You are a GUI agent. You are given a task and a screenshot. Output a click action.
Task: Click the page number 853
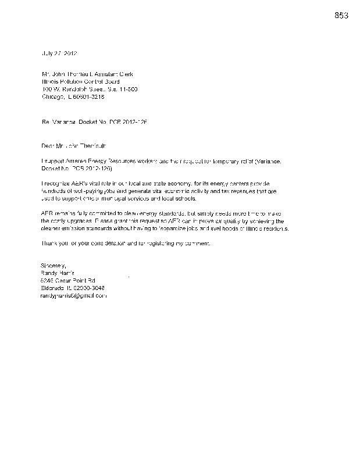[x=341, y=16]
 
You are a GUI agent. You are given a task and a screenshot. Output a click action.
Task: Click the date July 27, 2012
[x=59, y=53]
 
